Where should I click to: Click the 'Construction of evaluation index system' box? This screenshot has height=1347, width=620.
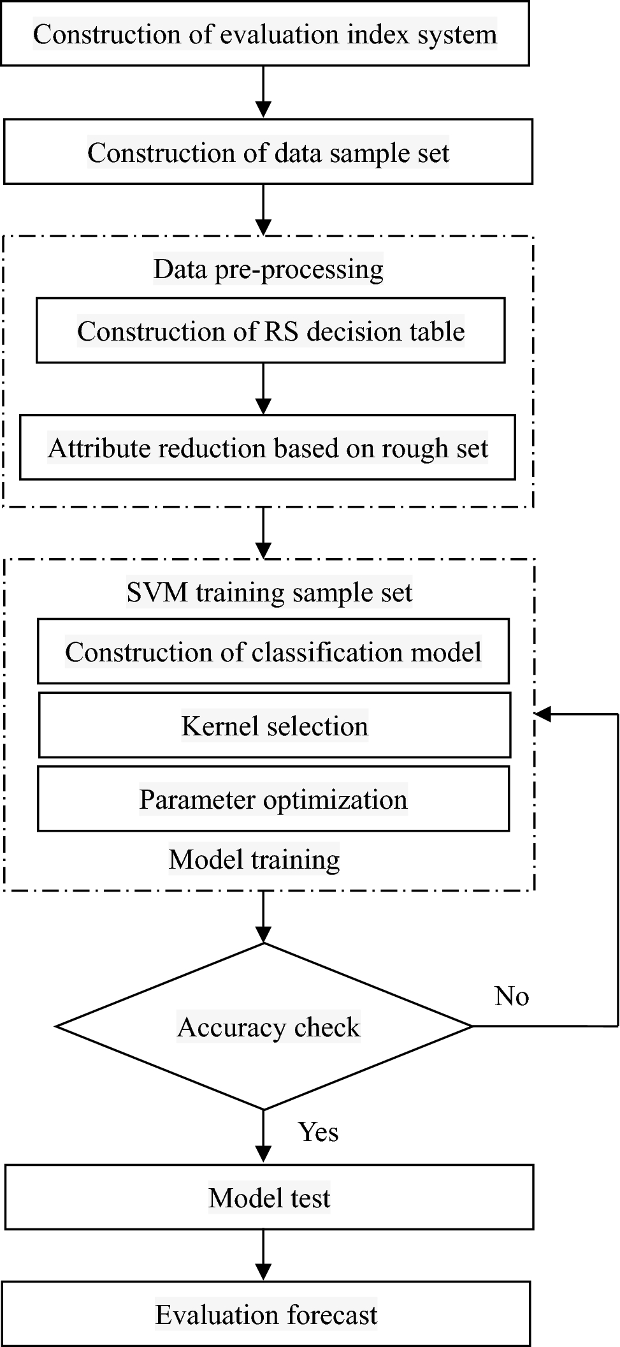pos(264,34)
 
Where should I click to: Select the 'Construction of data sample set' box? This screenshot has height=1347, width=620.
pos(268,152)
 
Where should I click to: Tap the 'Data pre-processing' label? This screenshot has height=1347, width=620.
pos(268,269)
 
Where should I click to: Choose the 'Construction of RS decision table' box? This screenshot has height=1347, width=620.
pos(270,331)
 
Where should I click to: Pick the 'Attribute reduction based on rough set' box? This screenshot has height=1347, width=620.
pos(267,448)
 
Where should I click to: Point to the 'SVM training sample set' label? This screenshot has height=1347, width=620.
pos(269,592)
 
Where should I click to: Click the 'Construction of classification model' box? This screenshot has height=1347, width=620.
pos(273,652)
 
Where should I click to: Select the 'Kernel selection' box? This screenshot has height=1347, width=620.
pos(274,726)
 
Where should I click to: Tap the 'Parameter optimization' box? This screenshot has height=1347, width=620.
pos(273,799)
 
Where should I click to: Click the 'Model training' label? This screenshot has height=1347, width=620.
pos(254,859)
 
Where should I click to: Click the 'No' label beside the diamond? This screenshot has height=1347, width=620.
pos(511,996)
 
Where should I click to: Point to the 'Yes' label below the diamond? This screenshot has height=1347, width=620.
pos(318,1132)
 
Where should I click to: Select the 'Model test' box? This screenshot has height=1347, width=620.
pos(269,1198)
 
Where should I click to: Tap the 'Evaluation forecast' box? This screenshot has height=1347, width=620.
pos(266,1314)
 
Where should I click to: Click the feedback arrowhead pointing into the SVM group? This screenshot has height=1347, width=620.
pos(542,714)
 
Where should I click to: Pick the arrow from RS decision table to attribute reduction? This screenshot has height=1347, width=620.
pos(263,389)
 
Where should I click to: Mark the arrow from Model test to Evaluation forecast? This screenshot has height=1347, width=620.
pos(263,1255)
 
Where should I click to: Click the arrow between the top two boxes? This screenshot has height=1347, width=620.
pos(263,92)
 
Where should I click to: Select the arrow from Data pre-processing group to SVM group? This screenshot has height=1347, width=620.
pos(263,533)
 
